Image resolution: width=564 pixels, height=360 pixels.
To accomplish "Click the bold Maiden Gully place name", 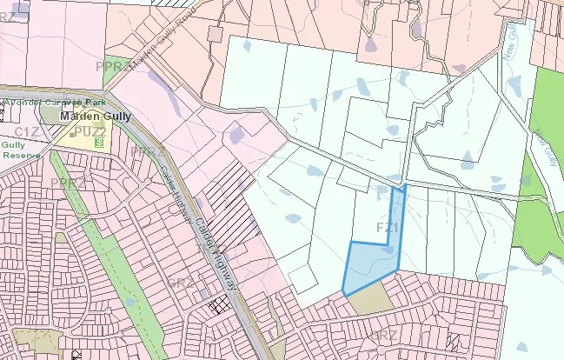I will [x=90, y=116].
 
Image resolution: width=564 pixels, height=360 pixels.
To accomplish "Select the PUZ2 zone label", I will [x=89, y=131].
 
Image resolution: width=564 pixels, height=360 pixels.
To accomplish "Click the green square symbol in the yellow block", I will [x=100, y=142].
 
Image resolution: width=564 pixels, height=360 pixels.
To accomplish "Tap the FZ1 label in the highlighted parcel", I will [x=388, y=227].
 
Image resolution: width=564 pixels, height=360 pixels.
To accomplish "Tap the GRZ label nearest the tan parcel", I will [x=383, y=335].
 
